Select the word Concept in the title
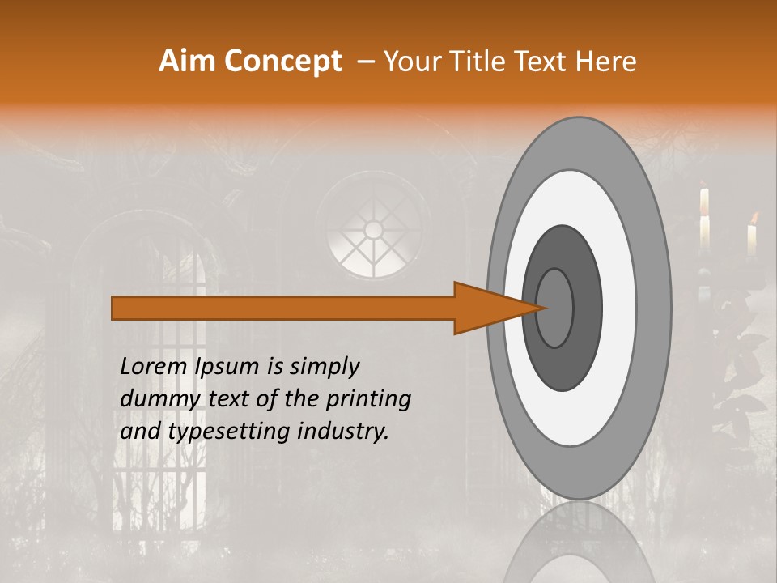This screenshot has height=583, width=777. click(x=282, y=61)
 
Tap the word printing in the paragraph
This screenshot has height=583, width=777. click(x=368, y=399)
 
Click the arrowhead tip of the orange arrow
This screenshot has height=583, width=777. click(x=546, y=308)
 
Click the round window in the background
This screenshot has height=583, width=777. click(x=373, y=231)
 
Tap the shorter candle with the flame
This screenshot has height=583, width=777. click(x=752, y=239)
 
